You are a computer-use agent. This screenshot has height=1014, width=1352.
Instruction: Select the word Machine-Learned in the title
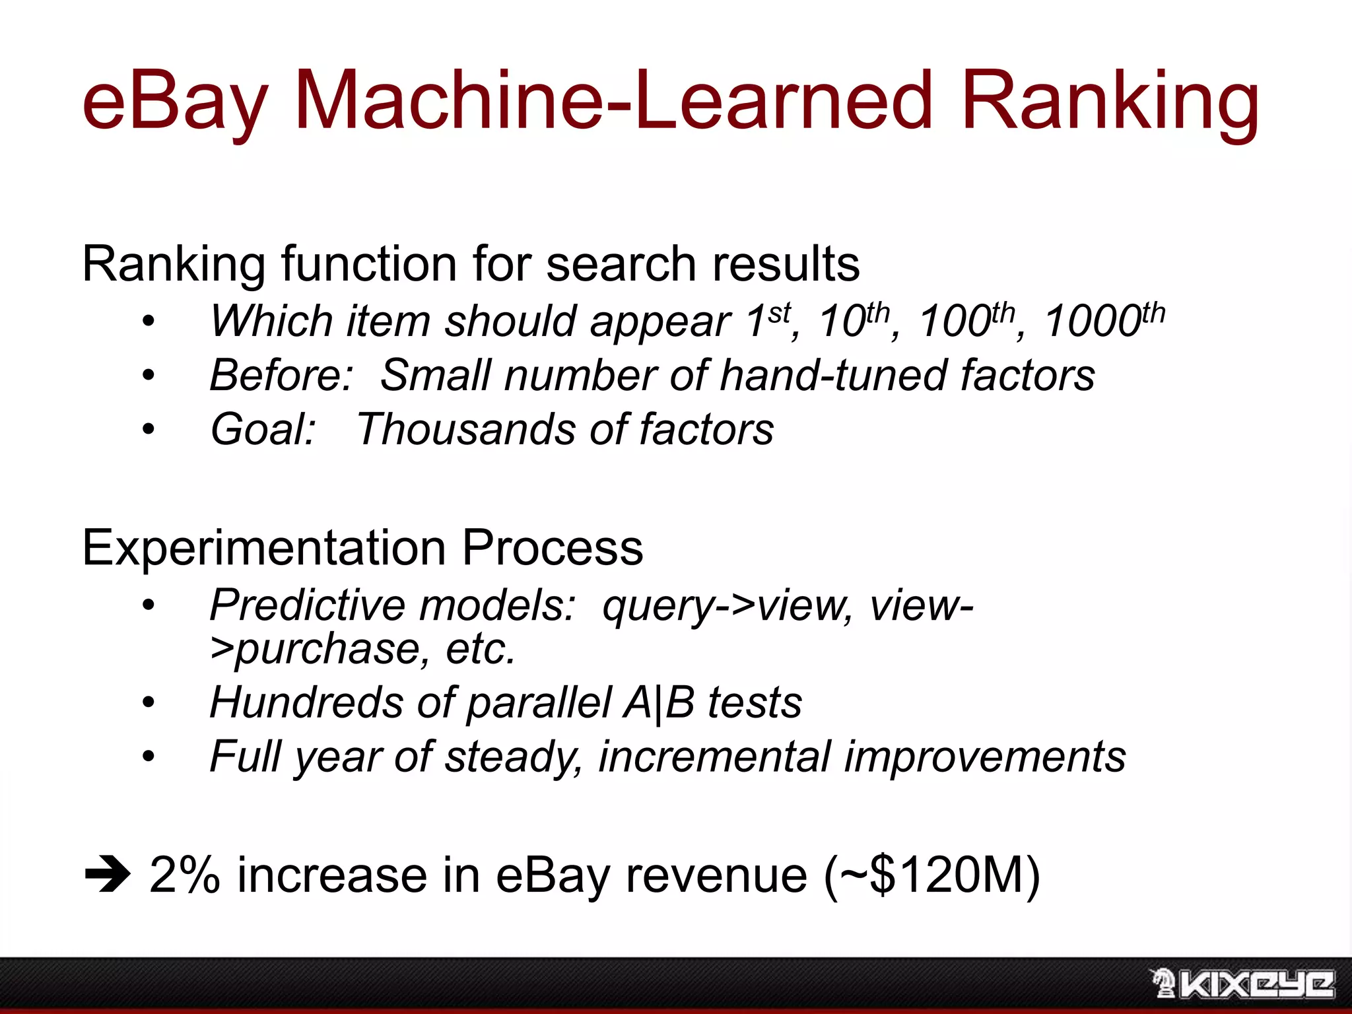[x=613, y=100]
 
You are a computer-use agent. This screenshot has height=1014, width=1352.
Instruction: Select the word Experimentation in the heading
[x=264, y=548]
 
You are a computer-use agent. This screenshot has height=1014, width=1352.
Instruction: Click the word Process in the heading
[x=552, y=548]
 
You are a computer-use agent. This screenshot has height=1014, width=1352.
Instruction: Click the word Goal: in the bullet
[x=263, y=430]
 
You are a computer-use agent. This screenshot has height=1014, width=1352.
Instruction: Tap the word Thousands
[x=465, y=430]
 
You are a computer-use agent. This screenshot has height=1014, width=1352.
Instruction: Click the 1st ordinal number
[x=768, y=321]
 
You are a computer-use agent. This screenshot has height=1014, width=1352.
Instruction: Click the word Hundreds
[x=306, y=702]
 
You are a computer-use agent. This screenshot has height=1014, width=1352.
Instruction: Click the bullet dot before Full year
[x=149, y=757]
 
